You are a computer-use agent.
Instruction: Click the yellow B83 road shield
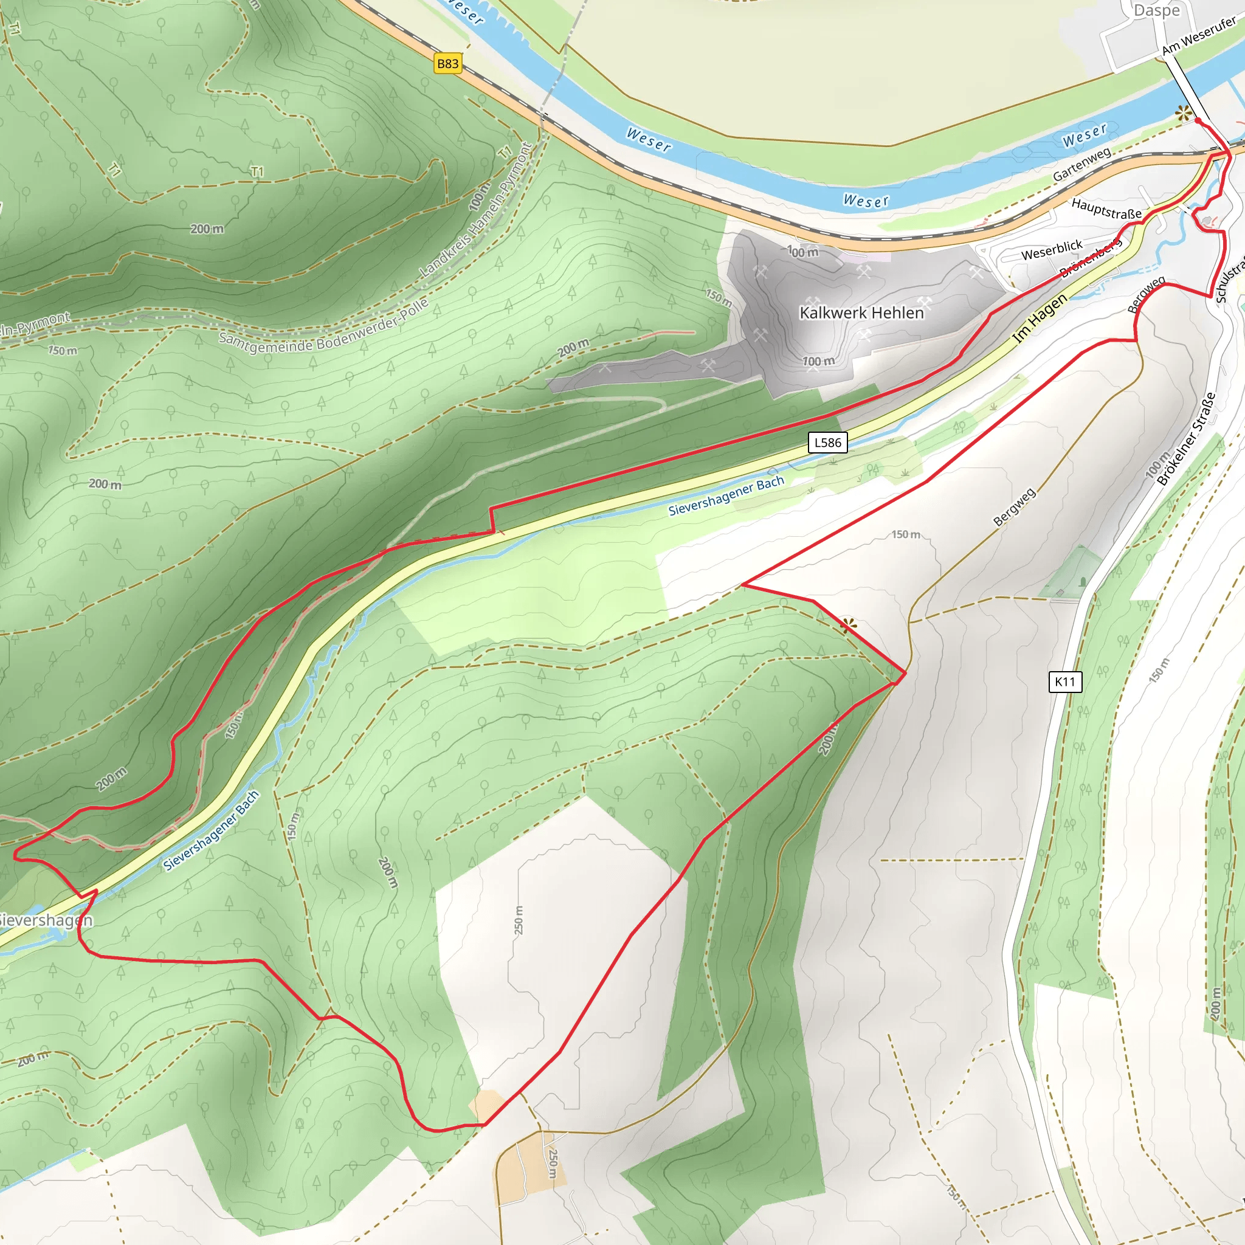coord(447,63)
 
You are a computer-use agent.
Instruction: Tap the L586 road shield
coord(827,442)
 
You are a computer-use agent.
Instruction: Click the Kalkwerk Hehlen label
coord(861,312)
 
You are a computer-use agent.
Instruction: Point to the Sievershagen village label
coord(45,920)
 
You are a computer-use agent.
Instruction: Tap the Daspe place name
coord(1156,10)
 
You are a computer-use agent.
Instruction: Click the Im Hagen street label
coord(1040,318)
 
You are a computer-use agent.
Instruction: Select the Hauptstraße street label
coord(1106,209)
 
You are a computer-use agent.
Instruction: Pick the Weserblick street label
coord(1052,250)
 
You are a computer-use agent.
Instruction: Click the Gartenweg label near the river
coord(1082,164)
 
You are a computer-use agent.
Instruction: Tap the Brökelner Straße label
coord(1185,439)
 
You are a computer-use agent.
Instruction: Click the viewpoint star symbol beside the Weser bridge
coord(1183,114)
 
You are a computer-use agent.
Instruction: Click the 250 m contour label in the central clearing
coord(519,920)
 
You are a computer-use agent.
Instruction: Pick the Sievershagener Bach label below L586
coord(726,495)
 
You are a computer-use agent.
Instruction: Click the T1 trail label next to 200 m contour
coord(257,171)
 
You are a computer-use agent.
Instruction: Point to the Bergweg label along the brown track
coord(1015,506)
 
